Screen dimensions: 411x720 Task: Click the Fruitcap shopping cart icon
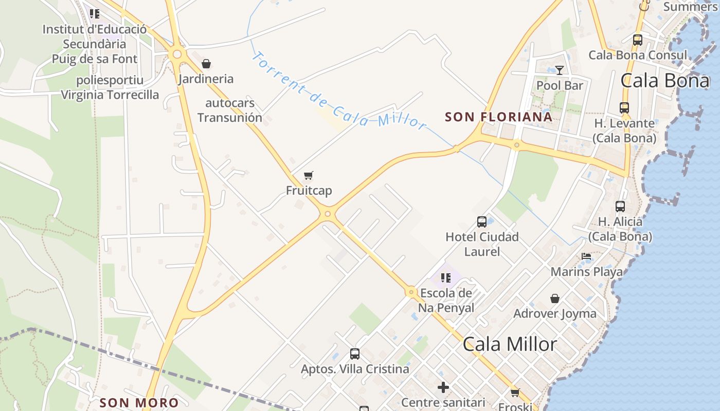(309, 176)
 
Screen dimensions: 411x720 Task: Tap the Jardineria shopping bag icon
(206, 64)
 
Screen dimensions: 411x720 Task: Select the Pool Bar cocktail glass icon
(560, 70)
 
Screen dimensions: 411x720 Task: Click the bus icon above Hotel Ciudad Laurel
(482, 222)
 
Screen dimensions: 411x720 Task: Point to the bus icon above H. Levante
(624, 108)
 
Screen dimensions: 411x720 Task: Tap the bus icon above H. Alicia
(620, 207)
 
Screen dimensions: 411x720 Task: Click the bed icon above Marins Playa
(586, 256)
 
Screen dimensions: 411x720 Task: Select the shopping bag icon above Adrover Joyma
(555, 298)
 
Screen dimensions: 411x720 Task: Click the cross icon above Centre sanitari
(443, 387)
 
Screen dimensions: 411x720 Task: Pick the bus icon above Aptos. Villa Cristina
(355, 354)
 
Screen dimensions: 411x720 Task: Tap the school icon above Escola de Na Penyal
(446, 278)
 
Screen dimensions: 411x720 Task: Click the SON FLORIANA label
(498, 117)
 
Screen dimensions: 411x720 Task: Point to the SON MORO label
(139, 403)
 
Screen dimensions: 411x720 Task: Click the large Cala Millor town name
(510, 344)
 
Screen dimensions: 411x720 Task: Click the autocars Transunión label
(230, 110)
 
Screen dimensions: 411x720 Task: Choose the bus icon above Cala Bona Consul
(638, 40)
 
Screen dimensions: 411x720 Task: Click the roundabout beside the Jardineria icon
(177, 53)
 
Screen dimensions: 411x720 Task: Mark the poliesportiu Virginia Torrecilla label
(110, 87)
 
